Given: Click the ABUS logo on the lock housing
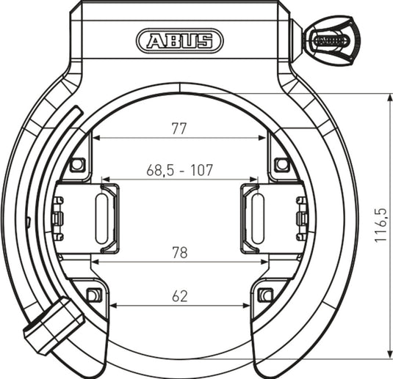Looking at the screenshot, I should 179,40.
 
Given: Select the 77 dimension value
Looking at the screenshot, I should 179,129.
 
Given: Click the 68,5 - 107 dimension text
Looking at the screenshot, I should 179,170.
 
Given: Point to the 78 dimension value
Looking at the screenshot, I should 179,253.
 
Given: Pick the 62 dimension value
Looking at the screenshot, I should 179,296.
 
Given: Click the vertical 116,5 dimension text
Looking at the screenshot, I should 381,225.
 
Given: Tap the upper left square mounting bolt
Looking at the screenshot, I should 77,164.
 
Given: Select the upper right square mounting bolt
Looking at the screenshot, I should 281,164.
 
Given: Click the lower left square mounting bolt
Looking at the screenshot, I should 93,295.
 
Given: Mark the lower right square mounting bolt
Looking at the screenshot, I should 265,295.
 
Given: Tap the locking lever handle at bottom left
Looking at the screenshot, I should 54,327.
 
